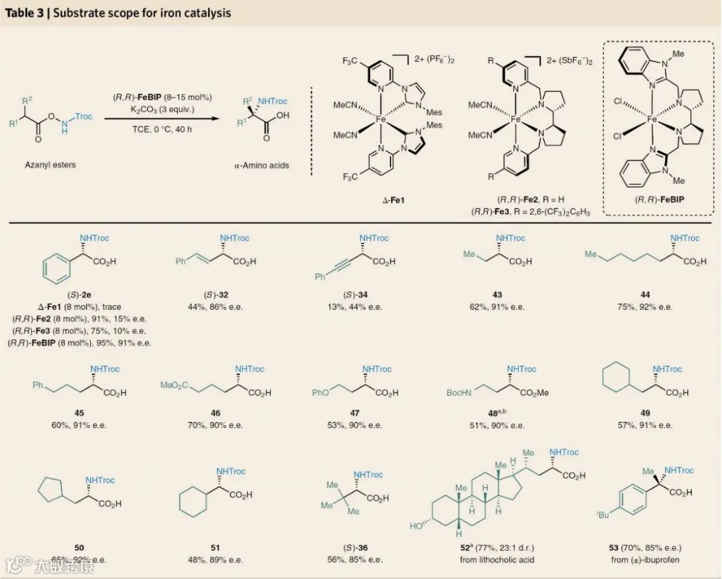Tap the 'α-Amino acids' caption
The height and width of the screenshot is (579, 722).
coord(262,165)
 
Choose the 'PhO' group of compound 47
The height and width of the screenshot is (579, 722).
coord(322,393)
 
